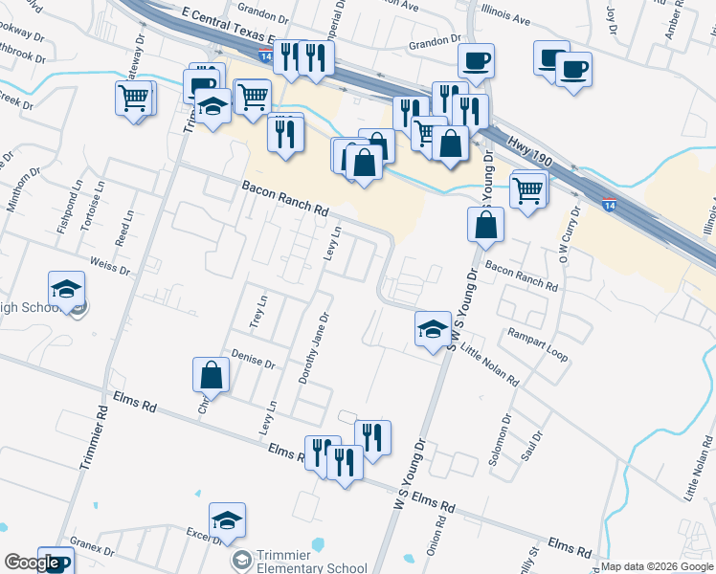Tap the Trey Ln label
coord(256,312)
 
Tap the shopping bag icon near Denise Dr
coord(212,376)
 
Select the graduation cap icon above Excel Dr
coord(227,519)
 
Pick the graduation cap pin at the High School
coord(66,288)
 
